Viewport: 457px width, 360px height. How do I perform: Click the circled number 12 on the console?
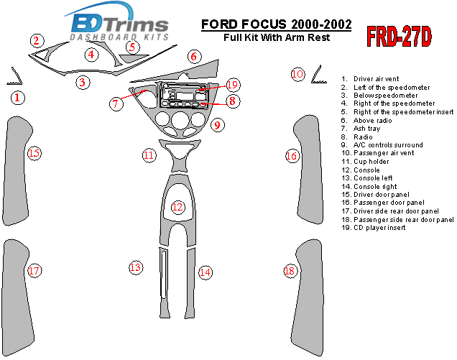[x=177, y=207]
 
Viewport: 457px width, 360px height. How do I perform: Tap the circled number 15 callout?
[x=34, y=152]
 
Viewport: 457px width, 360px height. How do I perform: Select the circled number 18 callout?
[x=290, y=271]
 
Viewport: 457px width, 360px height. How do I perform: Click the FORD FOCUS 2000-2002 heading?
[x=276, y=24]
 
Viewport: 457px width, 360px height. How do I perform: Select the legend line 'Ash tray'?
[x=366, y=128]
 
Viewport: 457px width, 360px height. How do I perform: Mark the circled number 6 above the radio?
[x=193, y=56]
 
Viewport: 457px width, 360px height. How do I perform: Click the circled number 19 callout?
[x=231, y=85]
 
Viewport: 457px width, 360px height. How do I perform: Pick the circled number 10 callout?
[x=297, y=73]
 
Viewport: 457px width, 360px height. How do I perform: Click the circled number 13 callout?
[x=135, y=267]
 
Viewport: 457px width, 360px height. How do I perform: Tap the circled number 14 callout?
[x=206, y=272]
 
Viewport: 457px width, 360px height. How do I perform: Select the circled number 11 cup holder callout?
[x=148, y=154]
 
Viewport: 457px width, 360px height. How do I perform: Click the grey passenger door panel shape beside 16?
[x=305, y=158]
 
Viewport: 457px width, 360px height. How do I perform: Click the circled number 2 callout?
[x=37, y=41]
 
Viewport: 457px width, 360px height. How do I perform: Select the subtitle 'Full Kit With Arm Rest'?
[x=276, y=37]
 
